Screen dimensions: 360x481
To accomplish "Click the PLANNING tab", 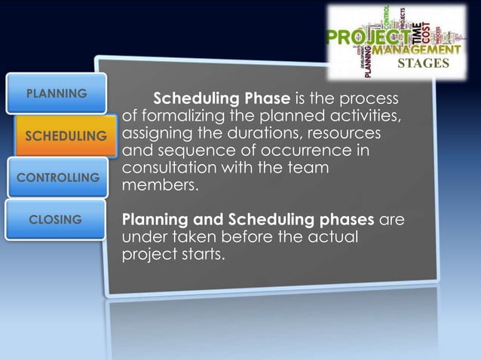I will tap(57, 94).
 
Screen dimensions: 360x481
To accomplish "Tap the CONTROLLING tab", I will tap(58, 178).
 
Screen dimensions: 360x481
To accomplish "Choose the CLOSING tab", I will tap(55, 219).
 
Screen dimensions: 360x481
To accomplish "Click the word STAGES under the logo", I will tap(422, 63).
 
